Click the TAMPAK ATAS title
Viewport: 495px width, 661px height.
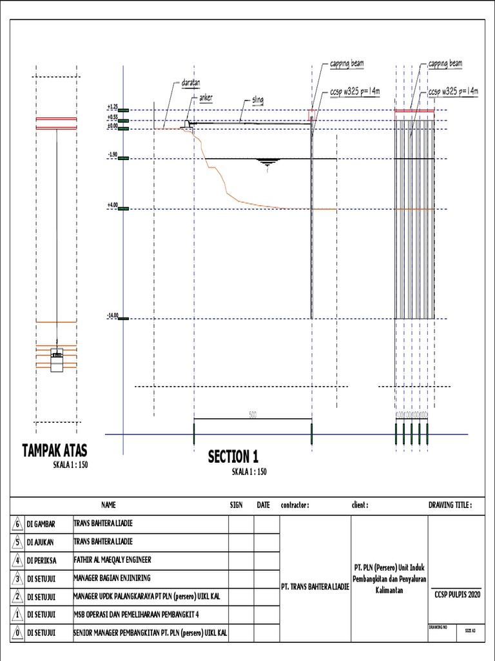coord(55,450)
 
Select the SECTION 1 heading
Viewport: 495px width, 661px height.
coord(233,458)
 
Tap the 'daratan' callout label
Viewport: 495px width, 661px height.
coord(184,83)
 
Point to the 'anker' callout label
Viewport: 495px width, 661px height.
coord(206,98)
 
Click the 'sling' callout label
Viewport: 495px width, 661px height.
coord(257,101)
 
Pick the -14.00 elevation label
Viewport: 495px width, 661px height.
coord(113,316)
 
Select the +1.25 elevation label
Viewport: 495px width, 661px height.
coord(113,107)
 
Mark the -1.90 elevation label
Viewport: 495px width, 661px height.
coord(113,155)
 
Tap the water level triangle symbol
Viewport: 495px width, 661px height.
coord(266,163)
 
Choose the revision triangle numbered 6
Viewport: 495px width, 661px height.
coord(17,523)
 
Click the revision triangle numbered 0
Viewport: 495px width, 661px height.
coord(17,633)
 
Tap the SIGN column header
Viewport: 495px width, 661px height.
coord(236,505)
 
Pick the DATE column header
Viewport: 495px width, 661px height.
coord(263,505)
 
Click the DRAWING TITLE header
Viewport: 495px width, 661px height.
coord(450,505)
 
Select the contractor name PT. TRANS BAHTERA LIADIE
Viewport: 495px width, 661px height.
coord(315,587)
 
